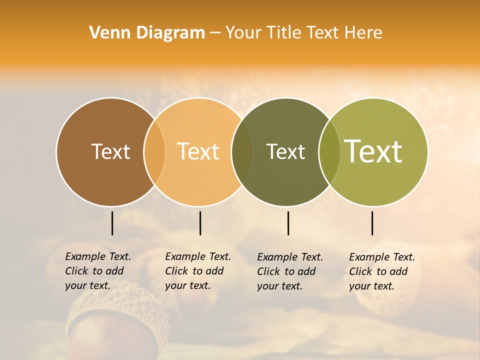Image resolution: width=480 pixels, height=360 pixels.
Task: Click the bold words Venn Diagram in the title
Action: point(147,33)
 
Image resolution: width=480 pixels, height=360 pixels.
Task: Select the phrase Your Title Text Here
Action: point(303,33)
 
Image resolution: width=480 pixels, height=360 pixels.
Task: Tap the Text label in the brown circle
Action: point(110,151)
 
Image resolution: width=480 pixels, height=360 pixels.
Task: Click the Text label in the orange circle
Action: point(198,151)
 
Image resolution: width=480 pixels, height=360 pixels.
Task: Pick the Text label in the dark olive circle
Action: point(285,151)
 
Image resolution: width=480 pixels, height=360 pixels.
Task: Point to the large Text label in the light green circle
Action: point(373,151)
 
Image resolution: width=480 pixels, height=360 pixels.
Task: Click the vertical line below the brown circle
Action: point(112,223)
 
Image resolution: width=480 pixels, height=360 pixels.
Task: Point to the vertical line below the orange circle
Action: point(200,223)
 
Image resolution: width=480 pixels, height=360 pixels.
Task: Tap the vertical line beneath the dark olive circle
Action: point(288,223)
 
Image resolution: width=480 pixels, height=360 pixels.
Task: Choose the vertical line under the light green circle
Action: point(372,223)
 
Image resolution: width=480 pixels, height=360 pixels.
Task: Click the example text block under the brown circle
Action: point(98,271)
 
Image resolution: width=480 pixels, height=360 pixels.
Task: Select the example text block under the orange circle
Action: point(198,271)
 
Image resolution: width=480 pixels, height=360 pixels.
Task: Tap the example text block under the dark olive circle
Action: point(290,271)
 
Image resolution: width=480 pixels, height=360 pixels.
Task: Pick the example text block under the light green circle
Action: point(382,271)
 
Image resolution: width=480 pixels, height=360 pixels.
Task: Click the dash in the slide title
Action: point(215,33)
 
